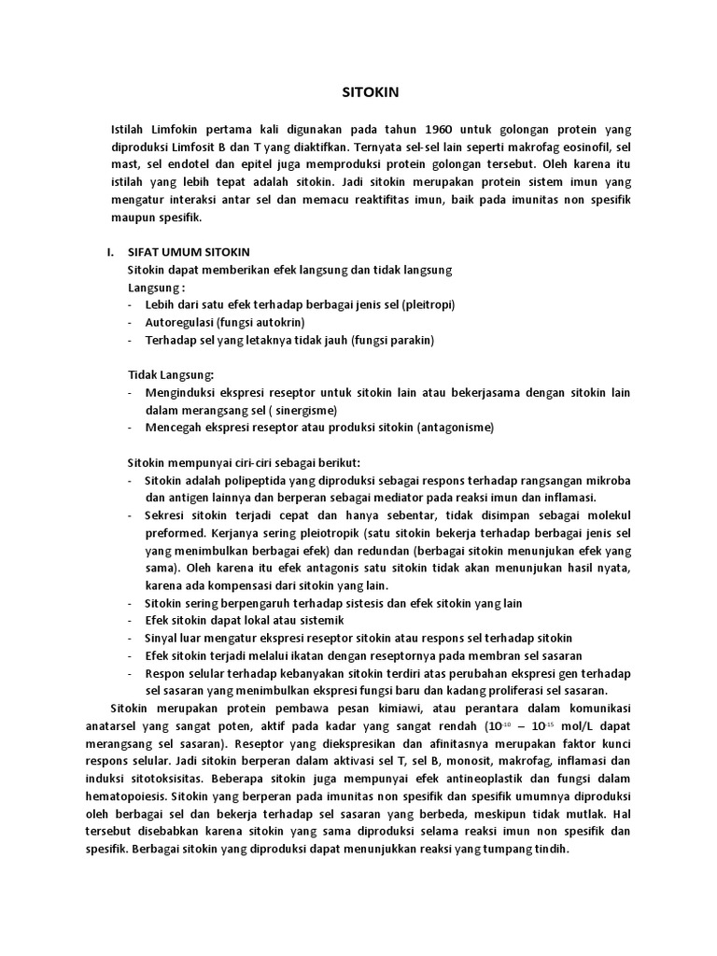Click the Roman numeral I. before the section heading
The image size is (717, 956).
point(110,252)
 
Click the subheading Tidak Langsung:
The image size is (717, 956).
point(171,374)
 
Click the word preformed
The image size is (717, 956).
point(175,533)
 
